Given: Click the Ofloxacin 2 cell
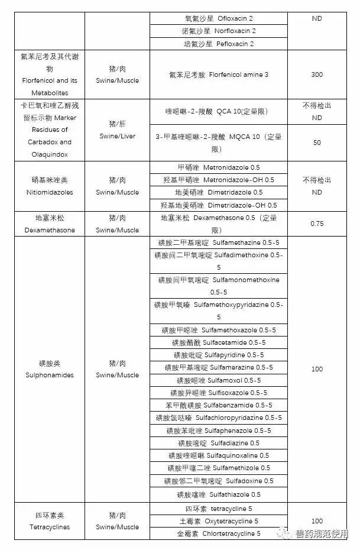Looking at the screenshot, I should coord(218,18).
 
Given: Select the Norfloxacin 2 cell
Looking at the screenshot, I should coord(218,31).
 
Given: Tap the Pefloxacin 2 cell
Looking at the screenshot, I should coord(218,44).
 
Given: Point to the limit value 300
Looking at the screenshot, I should coord(317,75).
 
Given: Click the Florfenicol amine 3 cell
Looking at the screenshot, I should coord(218,75).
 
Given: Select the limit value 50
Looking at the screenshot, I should coord(317,143).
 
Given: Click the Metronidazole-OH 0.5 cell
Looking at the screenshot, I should coord(218,180).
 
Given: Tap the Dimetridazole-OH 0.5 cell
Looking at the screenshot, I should coord(218,205).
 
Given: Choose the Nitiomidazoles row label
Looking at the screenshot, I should coord(49,186).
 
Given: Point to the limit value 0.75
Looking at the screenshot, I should coord(317,224).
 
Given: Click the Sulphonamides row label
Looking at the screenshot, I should coord(49,369).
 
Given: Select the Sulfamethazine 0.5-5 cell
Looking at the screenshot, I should coord(218,242).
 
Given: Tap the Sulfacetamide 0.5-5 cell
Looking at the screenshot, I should coord(218,342).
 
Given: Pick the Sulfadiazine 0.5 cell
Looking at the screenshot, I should coord(218,443).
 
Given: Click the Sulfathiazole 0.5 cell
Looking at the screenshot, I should coord(218,494).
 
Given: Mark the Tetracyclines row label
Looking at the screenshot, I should coord(49,521).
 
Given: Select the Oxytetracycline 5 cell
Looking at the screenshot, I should coord(218,521).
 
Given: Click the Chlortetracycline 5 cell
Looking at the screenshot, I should coord(218,533).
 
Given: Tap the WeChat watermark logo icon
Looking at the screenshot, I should coord(285,534).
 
